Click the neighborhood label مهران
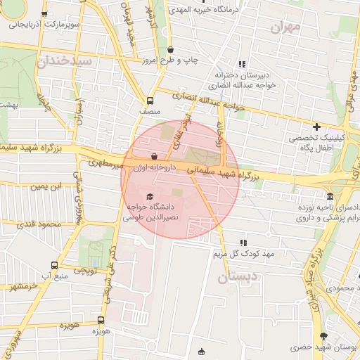pyautogui.click(x=285, y=27)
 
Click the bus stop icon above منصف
pyautogui.click(x=149, y=100)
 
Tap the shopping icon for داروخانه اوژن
pyautogui.click(x=155, y=156)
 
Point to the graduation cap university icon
pyautogui.click(x=149, y=197)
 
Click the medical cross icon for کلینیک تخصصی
pyautogui.click(x=317, y=127)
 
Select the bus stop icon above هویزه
pyautogui.click(x=101, y=320)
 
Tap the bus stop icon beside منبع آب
pyautogui.click(x=55, y=265)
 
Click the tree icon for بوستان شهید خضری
pyautogui.click(x=323, y=337)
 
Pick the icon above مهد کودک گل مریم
pyautogui.click(x=244, y=242)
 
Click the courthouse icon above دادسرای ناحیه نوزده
pyautogui.click(x=330, y=196)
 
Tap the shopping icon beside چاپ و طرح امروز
pyautogui.click(x=172, y=49)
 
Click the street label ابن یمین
pyautogui.click(x=46, y=186)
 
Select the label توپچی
pyautogui.click(x=85, y=270)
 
